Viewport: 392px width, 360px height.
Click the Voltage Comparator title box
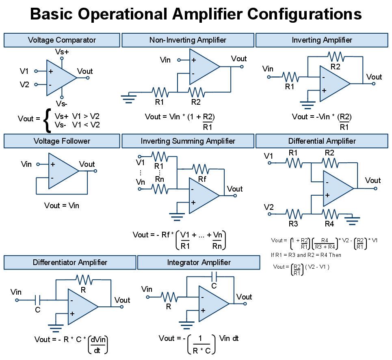[62, 40]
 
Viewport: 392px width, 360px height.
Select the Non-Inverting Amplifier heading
[188, 40]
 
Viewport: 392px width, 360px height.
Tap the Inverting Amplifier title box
[322, 40]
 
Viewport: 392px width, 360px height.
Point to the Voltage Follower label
[62, 141]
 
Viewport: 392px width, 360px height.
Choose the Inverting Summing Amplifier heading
[188, 141]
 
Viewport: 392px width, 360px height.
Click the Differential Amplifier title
[322, 141]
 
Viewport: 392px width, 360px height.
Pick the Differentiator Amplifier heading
[70, 262]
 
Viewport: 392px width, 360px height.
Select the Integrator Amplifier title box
[199, 262]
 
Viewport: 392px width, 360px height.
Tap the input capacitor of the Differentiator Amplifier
[38, 300]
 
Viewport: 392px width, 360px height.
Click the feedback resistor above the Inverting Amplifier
[336, 57]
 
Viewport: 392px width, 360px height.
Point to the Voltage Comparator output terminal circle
[88, 78]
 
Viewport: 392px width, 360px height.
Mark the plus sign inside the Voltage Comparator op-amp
[51, 71]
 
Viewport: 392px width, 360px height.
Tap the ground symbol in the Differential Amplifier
[352, 220]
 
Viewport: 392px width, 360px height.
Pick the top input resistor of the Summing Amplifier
[160, 156]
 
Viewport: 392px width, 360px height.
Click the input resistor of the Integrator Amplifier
[169, 297]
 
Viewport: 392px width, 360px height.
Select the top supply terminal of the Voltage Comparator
[62, 58]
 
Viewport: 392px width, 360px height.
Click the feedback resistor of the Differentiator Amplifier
[84, 280]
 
